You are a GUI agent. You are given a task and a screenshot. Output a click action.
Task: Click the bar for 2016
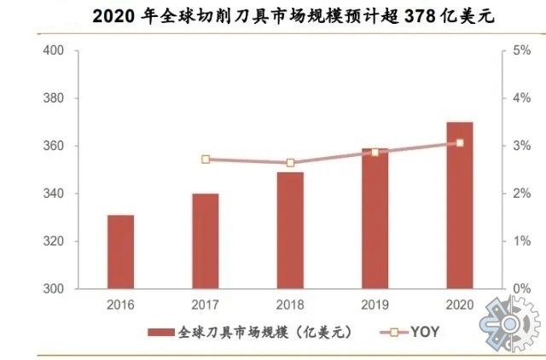pos(120,252)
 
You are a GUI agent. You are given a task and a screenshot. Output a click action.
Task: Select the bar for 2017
pos(205,241)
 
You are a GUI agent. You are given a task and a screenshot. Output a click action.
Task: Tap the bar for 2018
pos(290,230)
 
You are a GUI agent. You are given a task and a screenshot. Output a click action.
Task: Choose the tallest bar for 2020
pos(459,206)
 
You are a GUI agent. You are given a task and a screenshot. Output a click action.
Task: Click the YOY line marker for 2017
pos(206,160)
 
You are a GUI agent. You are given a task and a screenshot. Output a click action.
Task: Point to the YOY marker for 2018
pos(290,163)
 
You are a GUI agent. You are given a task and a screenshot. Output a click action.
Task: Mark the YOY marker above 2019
pos(375,152)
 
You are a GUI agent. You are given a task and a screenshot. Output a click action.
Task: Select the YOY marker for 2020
pos(459,142)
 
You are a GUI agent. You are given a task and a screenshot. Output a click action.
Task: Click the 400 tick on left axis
pos(54,51)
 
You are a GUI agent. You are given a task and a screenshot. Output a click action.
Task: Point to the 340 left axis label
pos(54,195)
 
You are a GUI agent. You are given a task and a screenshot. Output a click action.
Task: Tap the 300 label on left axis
pos(54,289)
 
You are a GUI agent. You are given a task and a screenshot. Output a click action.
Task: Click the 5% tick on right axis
pos(517,51)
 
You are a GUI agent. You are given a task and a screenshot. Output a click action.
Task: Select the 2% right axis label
pos(517,195)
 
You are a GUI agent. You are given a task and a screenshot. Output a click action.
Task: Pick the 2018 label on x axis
pos(290,305)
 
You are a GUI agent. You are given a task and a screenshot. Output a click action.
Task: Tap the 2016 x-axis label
pos(120,305)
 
